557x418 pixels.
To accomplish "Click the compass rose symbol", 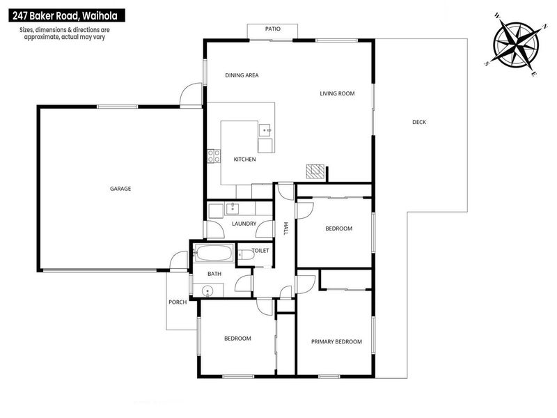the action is pyautogui.click(x=516, y=45).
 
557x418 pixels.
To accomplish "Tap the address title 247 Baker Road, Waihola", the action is pyautogui.click(x=65, y=15).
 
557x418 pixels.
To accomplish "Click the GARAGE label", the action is pyautogui.click(x=120, y=189).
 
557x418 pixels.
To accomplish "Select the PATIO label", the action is pyautogui.click(x=273, y=29).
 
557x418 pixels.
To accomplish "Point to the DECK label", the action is pyautogui.click(x=419, y=122).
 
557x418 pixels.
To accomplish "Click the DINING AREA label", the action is pyautogui.click(x=242, y=75).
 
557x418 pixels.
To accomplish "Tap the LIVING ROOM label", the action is pyautogui.click(x=337, y=93).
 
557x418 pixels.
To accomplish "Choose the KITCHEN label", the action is pyautogui.click(x=245, y=160).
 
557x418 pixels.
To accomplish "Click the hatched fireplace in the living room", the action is pyautogui.click(x=315, y=171).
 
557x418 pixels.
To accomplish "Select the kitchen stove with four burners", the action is pyautogui.click(x=214, y=156).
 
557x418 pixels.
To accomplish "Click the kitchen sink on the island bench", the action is pyautogui.click(x=265, y=130).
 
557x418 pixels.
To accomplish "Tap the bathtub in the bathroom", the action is pyautogui.click(x=214, y=253).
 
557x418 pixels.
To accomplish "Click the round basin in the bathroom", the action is pyautogui.click(x=207, y=291).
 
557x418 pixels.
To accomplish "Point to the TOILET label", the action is pyautogui.click(x=260, y=251).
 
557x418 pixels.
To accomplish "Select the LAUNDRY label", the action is pyautogui.click(x=244, y=224).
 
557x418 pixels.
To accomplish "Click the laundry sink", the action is pyautogui.click(x=233, y=208).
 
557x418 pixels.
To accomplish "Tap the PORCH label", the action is pyautogui.click(x=178, y=302).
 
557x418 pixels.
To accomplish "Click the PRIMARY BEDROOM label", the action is pyautogui.click(x=336, y=341).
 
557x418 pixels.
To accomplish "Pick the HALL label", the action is pyautogui.click(x=286, y=229).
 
